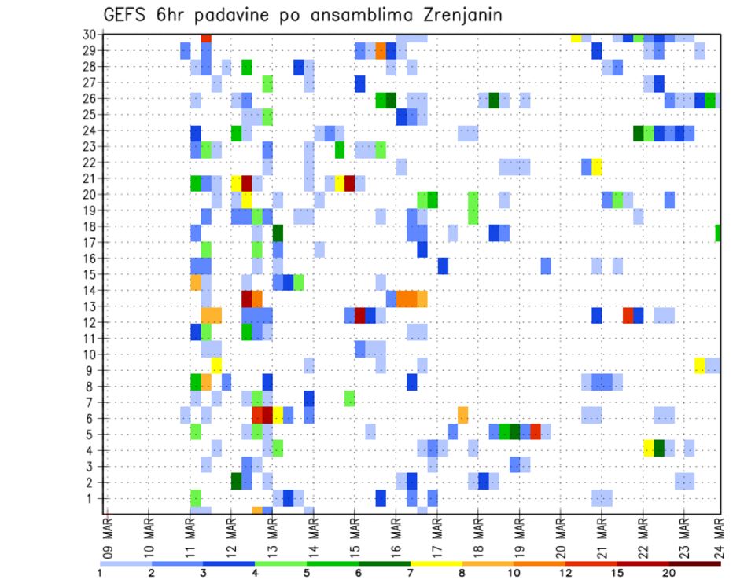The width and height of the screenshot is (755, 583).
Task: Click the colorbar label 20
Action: click(668, 572)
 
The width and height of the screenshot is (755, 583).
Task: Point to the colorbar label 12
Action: click(565, 572)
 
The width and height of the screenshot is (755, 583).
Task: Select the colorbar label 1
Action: click(100, 572)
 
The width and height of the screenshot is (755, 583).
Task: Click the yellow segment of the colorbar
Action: click(436, 563)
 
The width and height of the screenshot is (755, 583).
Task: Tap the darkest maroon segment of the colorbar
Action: click(694, 563)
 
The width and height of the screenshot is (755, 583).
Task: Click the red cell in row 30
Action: click(206, 37)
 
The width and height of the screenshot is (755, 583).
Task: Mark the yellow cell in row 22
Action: click(597, 166)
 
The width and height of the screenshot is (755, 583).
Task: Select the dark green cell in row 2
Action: click(236, 480)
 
